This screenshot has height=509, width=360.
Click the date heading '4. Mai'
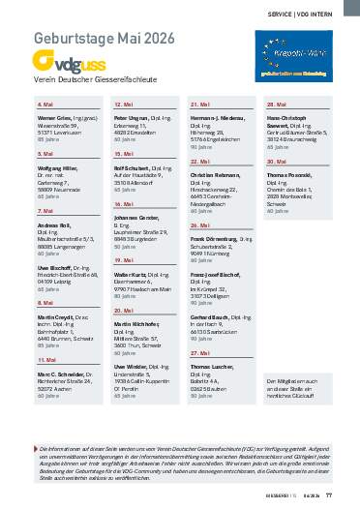(x=45, y=103)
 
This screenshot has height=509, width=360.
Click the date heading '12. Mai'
(x=124, y=103)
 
